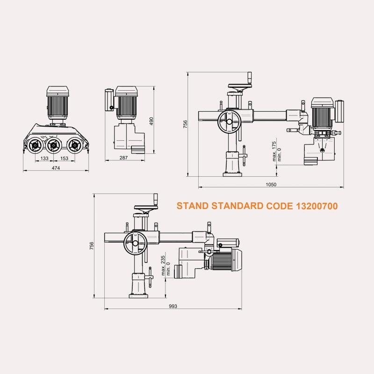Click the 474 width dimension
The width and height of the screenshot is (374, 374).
point(56,168)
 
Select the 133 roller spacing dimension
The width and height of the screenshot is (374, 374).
point(44,158)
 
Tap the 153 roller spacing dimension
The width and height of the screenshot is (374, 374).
point(64,158)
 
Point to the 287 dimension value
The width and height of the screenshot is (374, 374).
point(123,158)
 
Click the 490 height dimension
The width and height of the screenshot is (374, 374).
point(151,121)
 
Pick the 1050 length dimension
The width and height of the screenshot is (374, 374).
point(271,184)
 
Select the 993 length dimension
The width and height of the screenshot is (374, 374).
point(173,306)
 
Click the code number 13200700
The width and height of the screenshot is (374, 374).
point(317,206)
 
